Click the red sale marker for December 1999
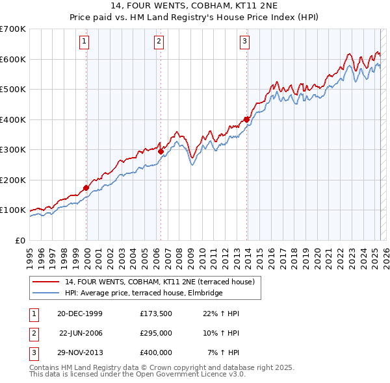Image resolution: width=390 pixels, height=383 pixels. (x=86, y=188)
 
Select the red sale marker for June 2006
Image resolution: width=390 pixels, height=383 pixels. (x=161, y=151)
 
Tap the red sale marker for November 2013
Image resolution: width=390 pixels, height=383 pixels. (x=246, y=119)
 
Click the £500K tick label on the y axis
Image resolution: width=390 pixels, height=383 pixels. (x=13, y=89)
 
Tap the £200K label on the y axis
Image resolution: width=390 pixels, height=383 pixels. (x=13, y=180)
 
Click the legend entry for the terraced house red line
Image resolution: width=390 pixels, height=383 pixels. (x=162, y=282)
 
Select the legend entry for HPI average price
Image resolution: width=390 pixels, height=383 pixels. (x=143, y=293)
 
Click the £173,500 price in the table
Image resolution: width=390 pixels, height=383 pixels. (x=155, y=314)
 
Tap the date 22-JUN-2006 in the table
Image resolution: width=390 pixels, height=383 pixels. (x=81, y=333)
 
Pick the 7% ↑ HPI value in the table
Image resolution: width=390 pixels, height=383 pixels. (x=224, y=352)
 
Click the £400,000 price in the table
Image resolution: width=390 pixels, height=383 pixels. (x=155, y=352)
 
